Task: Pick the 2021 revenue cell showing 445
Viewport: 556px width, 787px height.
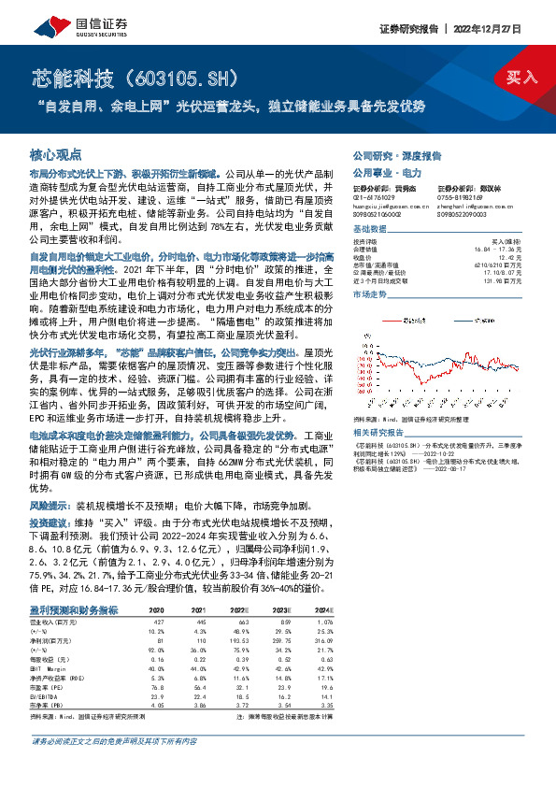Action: [199, 621]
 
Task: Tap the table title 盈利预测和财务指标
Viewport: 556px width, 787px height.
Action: [74, 609]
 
